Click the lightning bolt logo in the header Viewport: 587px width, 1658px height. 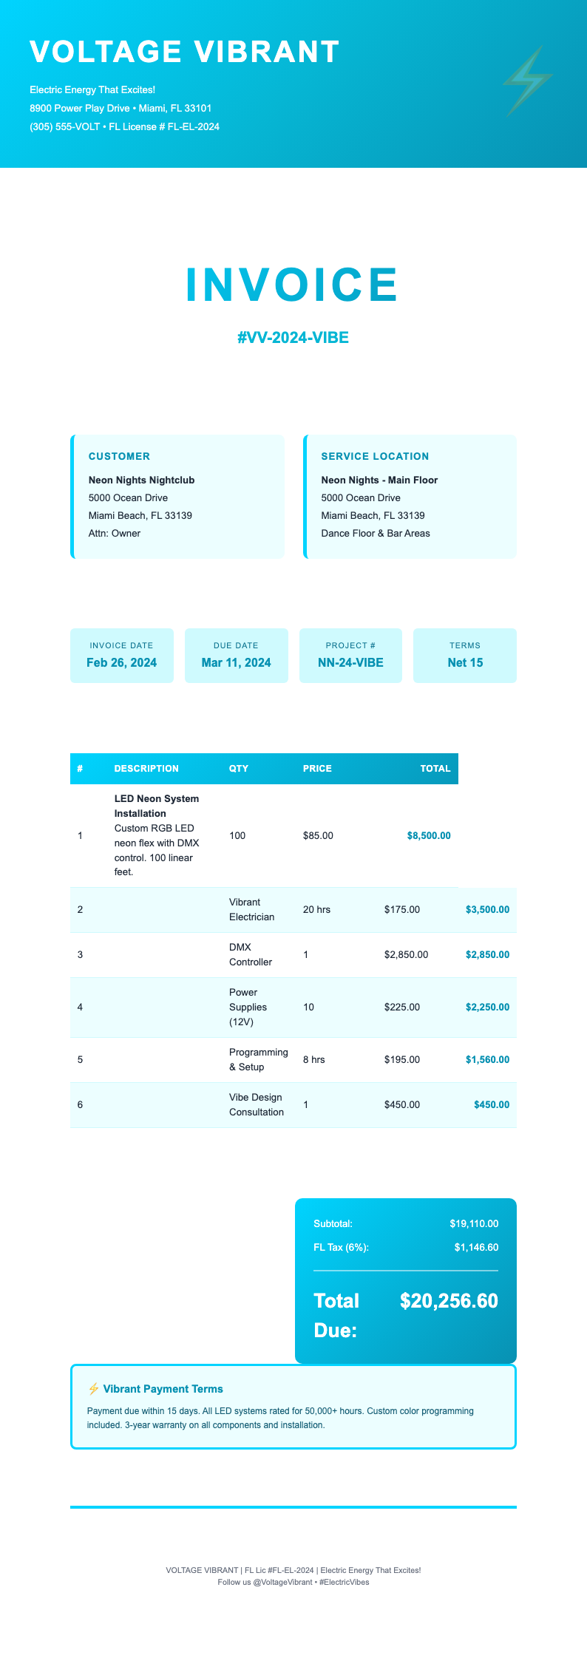pos(528,81)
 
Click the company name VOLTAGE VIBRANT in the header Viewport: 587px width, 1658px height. pos(185,52)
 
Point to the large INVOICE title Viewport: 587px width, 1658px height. pos(293,285)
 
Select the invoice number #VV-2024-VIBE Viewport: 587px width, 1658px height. pos(293,338)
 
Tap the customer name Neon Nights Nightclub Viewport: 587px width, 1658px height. pos(141,480)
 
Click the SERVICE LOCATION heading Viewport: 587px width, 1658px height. pos(375,456)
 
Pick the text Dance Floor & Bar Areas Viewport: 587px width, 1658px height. pos(375,533)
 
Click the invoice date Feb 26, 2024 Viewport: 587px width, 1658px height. pos(121,662)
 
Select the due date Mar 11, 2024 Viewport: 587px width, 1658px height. pos(236,662)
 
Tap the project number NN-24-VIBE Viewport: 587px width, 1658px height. pos(350,662)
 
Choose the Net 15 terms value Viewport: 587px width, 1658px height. pos(465,662)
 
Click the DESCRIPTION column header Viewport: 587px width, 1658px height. pos(146,768)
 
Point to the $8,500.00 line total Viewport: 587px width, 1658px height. pos(428,835)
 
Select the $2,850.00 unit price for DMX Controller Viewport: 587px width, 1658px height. pos(406,954)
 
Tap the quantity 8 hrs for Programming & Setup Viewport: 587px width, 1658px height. pos(313,1059)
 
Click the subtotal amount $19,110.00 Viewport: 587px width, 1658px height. pos(474,1223)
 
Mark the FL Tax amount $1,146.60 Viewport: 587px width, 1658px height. pos(476,1247)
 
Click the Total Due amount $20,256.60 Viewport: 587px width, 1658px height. pos(449,1300)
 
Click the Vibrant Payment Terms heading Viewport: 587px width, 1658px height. pos(163,1389)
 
